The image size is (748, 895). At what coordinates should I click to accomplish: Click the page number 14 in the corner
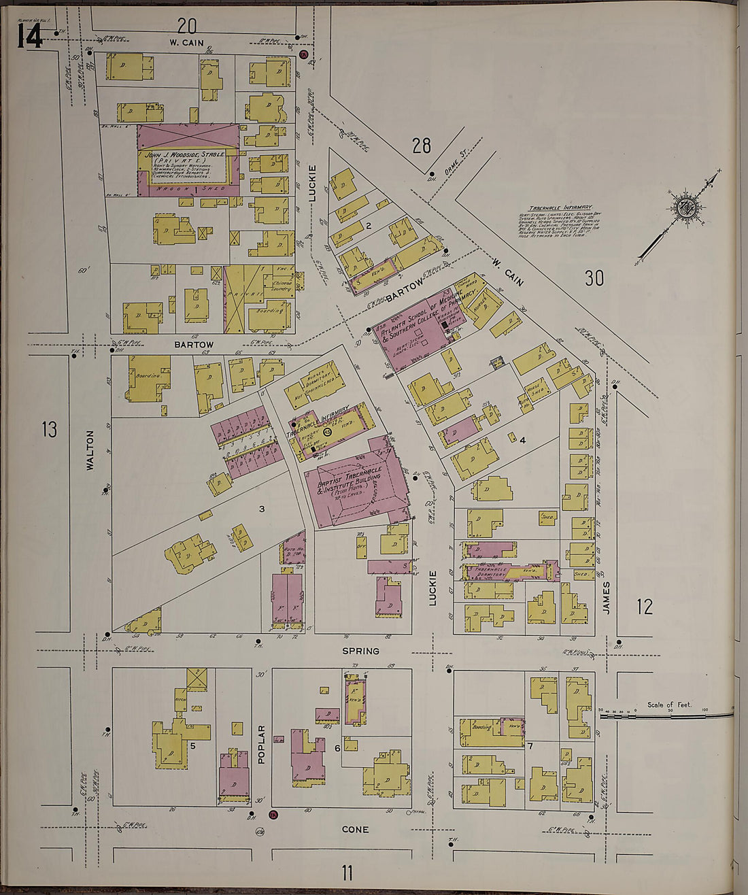29,37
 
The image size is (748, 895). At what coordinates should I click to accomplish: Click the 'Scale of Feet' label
669,705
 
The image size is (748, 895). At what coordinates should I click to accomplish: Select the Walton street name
90,450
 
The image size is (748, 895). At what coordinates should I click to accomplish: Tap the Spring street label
360,651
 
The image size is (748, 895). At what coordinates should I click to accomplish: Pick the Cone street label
355,829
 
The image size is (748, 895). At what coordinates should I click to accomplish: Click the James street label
607,598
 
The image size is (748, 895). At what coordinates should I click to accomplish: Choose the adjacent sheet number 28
422,145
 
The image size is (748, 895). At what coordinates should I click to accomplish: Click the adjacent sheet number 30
594,277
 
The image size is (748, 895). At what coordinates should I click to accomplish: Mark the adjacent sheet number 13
49,429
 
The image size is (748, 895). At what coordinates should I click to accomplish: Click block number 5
193,746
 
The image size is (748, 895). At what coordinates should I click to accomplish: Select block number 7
529,747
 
